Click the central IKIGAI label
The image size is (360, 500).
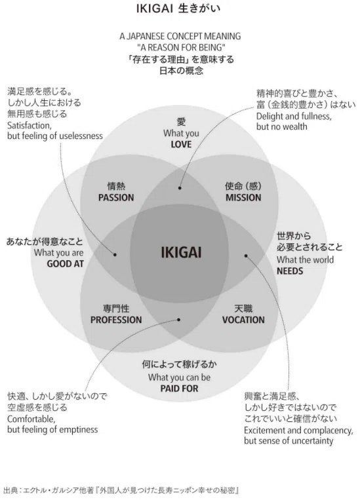[181, 252]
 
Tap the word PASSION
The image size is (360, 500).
[116, 198]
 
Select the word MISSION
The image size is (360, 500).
[243, 198]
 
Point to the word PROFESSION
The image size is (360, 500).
[116, 320]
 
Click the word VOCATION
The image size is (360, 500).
[243, 320]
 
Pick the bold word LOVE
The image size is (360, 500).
[181, 144]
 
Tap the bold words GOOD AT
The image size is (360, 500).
[65, 264]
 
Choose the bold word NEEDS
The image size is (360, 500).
[290, 271]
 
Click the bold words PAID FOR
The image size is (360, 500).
[180, 389]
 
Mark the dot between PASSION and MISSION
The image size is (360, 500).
[180, 188]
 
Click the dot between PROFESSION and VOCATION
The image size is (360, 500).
[179, 320]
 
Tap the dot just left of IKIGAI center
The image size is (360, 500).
[115, 254]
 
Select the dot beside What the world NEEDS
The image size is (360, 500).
[246, 256]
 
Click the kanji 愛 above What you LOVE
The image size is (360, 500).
[181, 122]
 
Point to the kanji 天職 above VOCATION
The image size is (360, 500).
[243, 309]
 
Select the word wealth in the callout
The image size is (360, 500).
[293, 126]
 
